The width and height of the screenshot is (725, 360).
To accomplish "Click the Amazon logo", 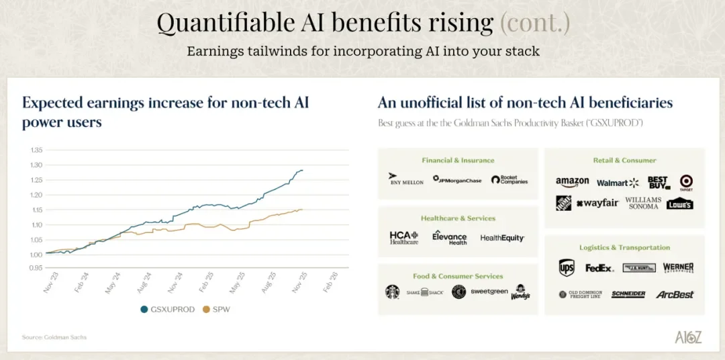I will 572,182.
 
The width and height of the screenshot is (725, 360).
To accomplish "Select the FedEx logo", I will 599,268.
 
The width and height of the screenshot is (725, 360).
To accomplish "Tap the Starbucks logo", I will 392,292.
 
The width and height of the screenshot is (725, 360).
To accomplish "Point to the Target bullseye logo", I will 685,182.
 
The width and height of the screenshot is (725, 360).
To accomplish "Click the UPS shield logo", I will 567,268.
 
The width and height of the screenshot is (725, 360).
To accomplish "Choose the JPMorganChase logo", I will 457,180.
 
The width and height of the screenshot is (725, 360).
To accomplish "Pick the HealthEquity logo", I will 502,238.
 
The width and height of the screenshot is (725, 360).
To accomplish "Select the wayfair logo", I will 597,203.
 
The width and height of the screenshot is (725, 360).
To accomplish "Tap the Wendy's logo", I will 520,292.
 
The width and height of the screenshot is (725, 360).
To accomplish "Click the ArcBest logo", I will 675,294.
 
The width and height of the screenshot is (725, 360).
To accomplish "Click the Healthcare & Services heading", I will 458,218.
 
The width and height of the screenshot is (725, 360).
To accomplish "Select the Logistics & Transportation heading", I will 624,247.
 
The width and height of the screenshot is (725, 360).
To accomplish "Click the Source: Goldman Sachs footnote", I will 54,337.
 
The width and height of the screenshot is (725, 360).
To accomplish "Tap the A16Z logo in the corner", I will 688,337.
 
